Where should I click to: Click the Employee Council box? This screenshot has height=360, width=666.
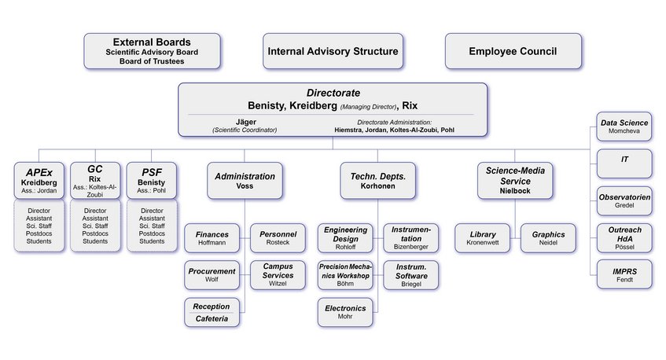[x=513, y=51]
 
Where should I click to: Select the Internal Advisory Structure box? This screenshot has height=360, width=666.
[x=332, y=51]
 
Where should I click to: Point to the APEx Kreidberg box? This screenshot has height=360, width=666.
[x=39, y=180]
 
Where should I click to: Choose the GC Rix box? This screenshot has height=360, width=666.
[x=95, y=180]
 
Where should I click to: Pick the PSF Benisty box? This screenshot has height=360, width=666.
[x=151, y=180]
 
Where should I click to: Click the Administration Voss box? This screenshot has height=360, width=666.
[x=245, y=181]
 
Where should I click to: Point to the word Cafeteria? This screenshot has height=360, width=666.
[x=212, y=319]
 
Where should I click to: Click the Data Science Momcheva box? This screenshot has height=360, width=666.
[x=624, y=127]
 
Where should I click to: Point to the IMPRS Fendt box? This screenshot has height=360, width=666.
[x=624, y=276]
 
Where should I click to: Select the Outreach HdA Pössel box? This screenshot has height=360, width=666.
[x=624, y=238]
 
